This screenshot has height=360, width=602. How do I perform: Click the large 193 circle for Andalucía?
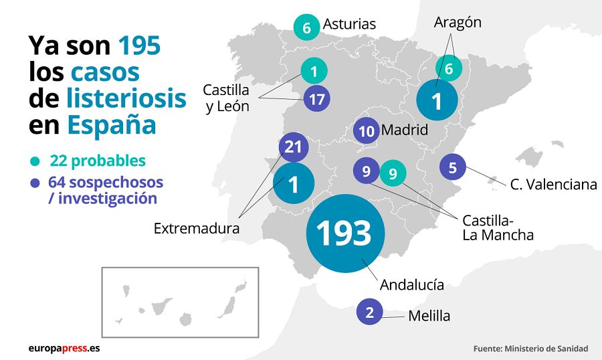pyautogui.click(x=344, y=233)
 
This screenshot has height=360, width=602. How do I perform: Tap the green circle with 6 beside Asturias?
pyautogui.click(x=307, y=28)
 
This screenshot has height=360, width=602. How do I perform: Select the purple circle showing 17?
pyautogui.click(x=317, y=100)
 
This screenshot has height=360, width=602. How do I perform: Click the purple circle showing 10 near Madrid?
pyautogui.click(x=366, y=131)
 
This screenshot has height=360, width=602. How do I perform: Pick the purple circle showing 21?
pyautogui.click(x=293, y=147)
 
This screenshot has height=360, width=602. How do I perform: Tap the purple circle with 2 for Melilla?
pyautogui.click(x=369, y=312)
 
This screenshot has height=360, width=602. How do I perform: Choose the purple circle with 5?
pyautogui.click(x=453, y=167)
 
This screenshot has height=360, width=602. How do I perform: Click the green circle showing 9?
pyautogui.click(x=393, y=174)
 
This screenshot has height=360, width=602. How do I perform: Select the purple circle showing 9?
pyautogui.click(x=366, y=172)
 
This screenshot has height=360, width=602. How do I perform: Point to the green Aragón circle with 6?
pyautogui.click(x=449, y=68)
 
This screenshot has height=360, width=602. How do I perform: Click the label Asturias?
pyautogui.click(x=349, y=24)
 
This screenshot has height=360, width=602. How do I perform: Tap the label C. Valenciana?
pyautogui.click(x=553, y=185)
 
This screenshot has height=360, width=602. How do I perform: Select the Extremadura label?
pyautogui.click(x=197, y=228)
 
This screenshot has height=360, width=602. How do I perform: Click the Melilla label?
pyautogui.click(x=429, y=317)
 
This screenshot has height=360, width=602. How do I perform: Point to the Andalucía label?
pyautogui.click(x=411, y=284)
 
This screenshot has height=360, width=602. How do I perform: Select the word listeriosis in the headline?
pyautogui.click(x=126, y=98)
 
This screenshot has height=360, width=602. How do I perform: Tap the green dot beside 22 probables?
pyautogui.click(x=34, y=161)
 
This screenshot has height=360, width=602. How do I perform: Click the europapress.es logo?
pyautogui.click(x=64, y=348)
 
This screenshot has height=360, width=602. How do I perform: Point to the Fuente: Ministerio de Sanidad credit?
pyautogui.click(x=530, y=349)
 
